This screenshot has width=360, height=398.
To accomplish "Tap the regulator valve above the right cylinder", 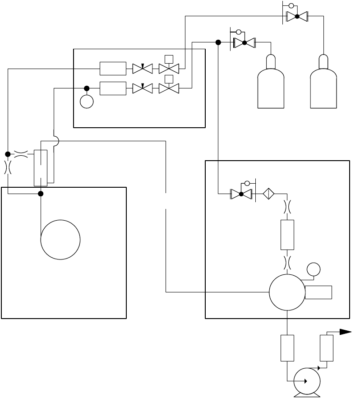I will [x=297, y=17].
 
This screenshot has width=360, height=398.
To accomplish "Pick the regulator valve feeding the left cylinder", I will [x=244, y=43].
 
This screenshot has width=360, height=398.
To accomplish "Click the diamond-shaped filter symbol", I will [x=269, y=194].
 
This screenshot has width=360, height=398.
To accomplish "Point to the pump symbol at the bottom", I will [x=307, y=381].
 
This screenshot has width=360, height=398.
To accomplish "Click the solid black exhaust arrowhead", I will [x=346, y=332].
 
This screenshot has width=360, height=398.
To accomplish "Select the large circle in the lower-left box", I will [x=60, y=240].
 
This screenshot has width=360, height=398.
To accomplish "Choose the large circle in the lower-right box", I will [x=287, y=292].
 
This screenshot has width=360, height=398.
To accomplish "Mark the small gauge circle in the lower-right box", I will [x=313, y=269].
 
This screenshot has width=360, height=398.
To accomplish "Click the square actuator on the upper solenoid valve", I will [x=169, y=59].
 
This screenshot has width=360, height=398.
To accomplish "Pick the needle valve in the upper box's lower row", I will [x=143, y=88].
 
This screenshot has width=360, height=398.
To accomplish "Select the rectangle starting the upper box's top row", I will [x=113, y=69].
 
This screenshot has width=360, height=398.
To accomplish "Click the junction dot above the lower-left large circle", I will [x=41, y=194].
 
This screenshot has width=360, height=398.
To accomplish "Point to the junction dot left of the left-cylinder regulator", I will [x=218, y=43].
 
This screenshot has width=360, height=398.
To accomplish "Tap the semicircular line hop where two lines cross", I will [x=56, y=142].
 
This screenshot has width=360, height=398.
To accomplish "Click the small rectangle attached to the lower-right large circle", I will [x=318, y=292].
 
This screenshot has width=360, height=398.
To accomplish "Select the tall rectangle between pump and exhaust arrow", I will [x=326, y=348].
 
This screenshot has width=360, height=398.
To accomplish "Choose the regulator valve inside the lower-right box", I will [x=241, y=194].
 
